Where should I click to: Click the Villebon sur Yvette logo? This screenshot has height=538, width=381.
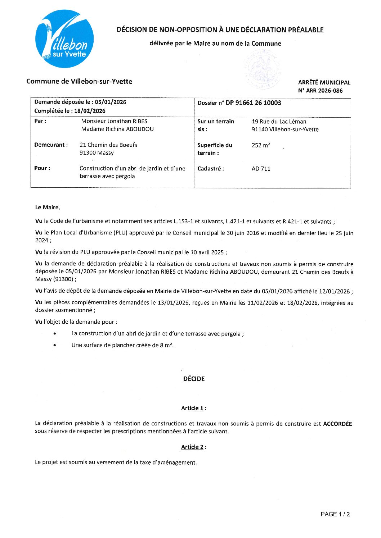click(64, 39)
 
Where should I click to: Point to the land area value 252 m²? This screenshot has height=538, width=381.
click(261, 145)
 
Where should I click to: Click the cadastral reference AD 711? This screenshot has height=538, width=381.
click(261, 169)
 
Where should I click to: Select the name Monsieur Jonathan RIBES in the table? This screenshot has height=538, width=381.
click(114, 121)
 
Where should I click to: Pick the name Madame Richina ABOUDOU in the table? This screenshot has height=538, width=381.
click(117, 129)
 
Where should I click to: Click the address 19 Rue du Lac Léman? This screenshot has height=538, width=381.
click(279, 122)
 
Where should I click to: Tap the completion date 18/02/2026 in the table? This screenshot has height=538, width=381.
click(90, 111)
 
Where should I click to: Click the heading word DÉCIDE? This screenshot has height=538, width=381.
click(194, 379)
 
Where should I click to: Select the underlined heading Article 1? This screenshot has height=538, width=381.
click(192, 408)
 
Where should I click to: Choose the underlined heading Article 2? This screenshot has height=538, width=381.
click(192, 447)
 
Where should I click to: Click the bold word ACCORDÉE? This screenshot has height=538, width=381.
click(337, 424)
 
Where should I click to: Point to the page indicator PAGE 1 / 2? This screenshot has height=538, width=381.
click(335, 514)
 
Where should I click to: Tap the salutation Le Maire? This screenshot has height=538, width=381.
click(48, 208)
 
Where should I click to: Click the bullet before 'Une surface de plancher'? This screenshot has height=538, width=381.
click(54, 345)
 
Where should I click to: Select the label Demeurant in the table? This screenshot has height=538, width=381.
click(51, 145)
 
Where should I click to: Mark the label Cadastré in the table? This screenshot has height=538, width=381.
click(211, 169)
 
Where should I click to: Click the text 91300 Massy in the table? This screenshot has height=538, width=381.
click(97, 153)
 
